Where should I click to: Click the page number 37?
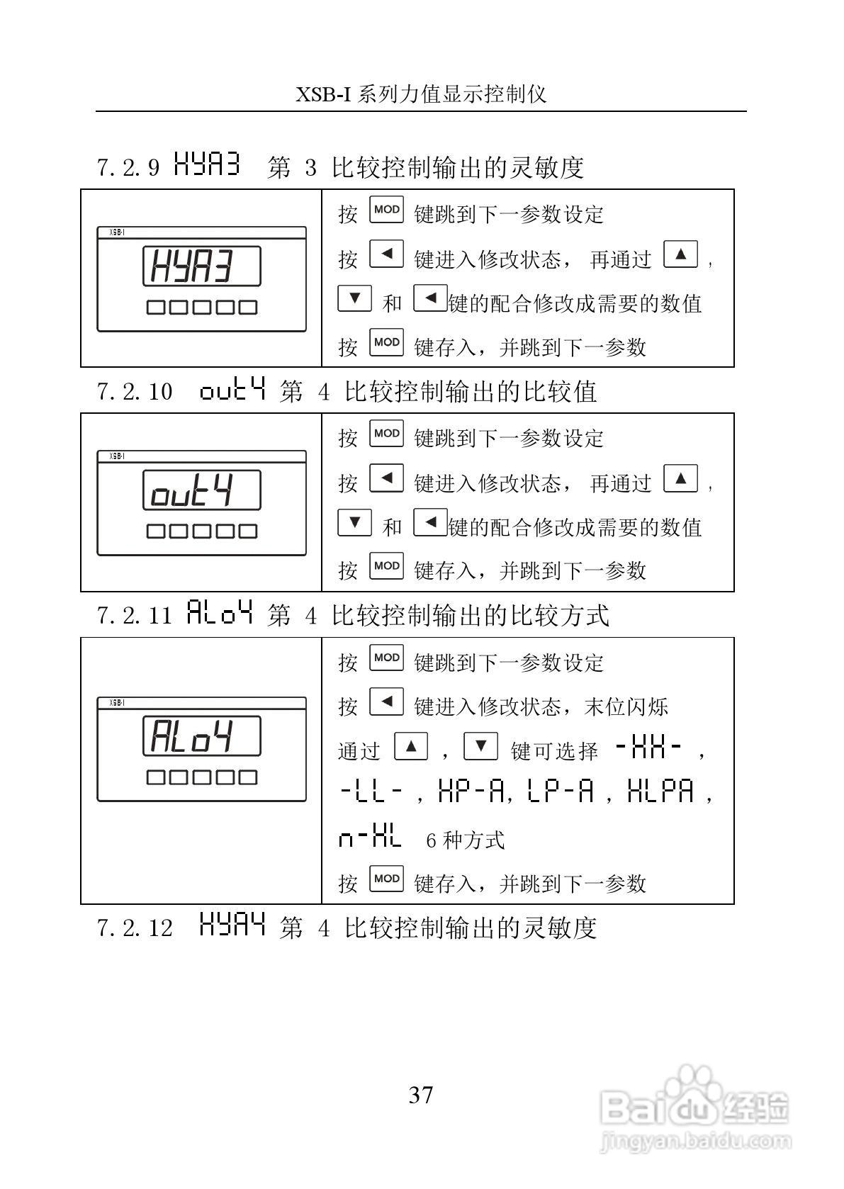tap(421, 1095)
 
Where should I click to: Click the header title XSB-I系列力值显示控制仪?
tap(421, 94)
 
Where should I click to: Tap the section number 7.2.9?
tap(128, 168)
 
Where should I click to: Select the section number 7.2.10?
tap(135, 392)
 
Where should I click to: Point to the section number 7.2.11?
tap(135, 615)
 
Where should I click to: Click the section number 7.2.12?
tap(135, 928)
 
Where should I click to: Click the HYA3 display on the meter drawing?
tap(201, 266)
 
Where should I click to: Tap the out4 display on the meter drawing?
tap(201, 490)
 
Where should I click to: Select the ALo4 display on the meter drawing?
tap(201, 736)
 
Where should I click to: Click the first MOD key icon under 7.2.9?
tap(386, 210)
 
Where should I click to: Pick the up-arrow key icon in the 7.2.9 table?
tap(680, 254)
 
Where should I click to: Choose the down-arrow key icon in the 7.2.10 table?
tap(355, 522)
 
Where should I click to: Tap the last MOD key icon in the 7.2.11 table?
tap(386, 879)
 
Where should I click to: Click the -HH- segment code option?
tap(648, 748)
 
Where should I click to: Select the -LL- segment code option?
tap(372, 791)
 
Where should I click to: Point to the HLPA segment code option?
tap(660, 791)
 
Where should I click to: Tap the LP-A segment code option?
tap(561, 791)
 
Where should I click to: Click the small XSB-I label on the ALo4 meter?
tap(117, 702)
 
